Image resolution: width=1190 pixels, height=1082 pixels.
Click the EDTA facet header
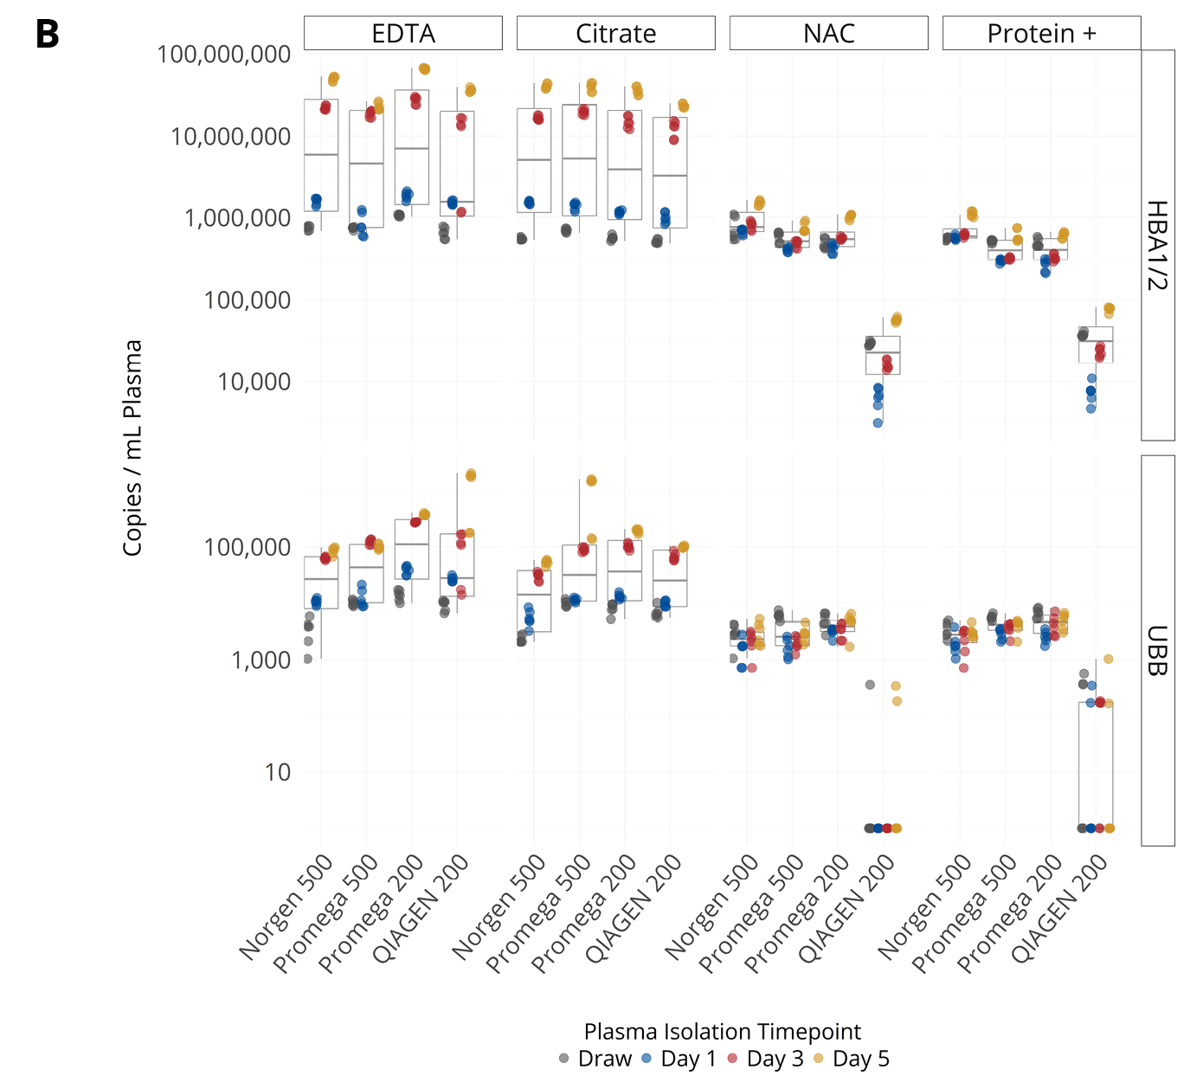402,34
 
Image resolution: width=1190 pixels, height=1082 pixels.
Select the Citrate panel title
615,34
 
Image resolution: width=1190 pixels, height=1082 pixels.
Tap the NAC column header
828,34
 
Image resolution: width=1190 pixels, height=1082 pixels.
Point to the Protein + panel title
1041,34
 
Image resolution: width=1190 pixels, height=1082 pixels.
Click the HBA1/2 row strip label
1158,245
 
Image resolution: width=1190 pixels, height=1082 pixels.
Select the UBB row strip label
1158,650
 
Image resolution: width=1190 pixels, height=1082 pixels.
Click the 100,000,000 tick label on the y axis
223,55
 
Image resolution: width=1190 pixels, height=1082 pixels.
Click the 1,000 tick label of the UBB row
261,660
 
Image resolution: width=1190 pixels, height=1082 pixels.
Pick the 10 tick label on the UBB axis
277,772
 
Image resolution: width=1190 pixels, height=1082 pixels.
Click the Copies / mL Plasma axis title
132,448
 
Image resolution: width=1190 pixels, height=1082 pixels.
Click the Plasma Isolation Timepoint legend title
722,1032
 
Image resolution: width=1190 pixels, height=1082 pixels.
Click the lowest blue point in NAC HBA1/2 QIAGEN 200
878,423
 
